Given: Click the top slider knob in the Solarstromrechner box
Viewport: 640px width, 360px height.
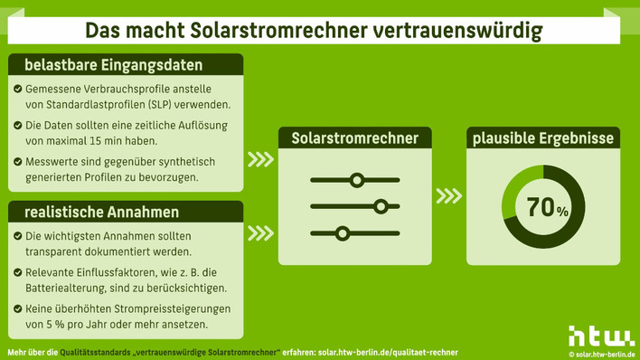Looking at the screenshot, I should pos(357,181).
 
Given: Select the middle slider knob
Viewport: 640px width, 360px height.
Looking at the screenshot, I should pos(381,207).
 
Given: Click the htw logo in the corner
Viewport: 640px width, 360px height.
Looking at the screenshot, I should pos(600,336).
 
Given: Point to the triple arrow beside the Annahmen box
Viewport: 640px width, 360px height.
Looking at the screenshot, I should pos(260,231).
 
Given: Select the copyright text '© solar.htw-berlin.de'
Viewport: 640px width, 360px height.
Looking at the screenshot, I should pos(601,354).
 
